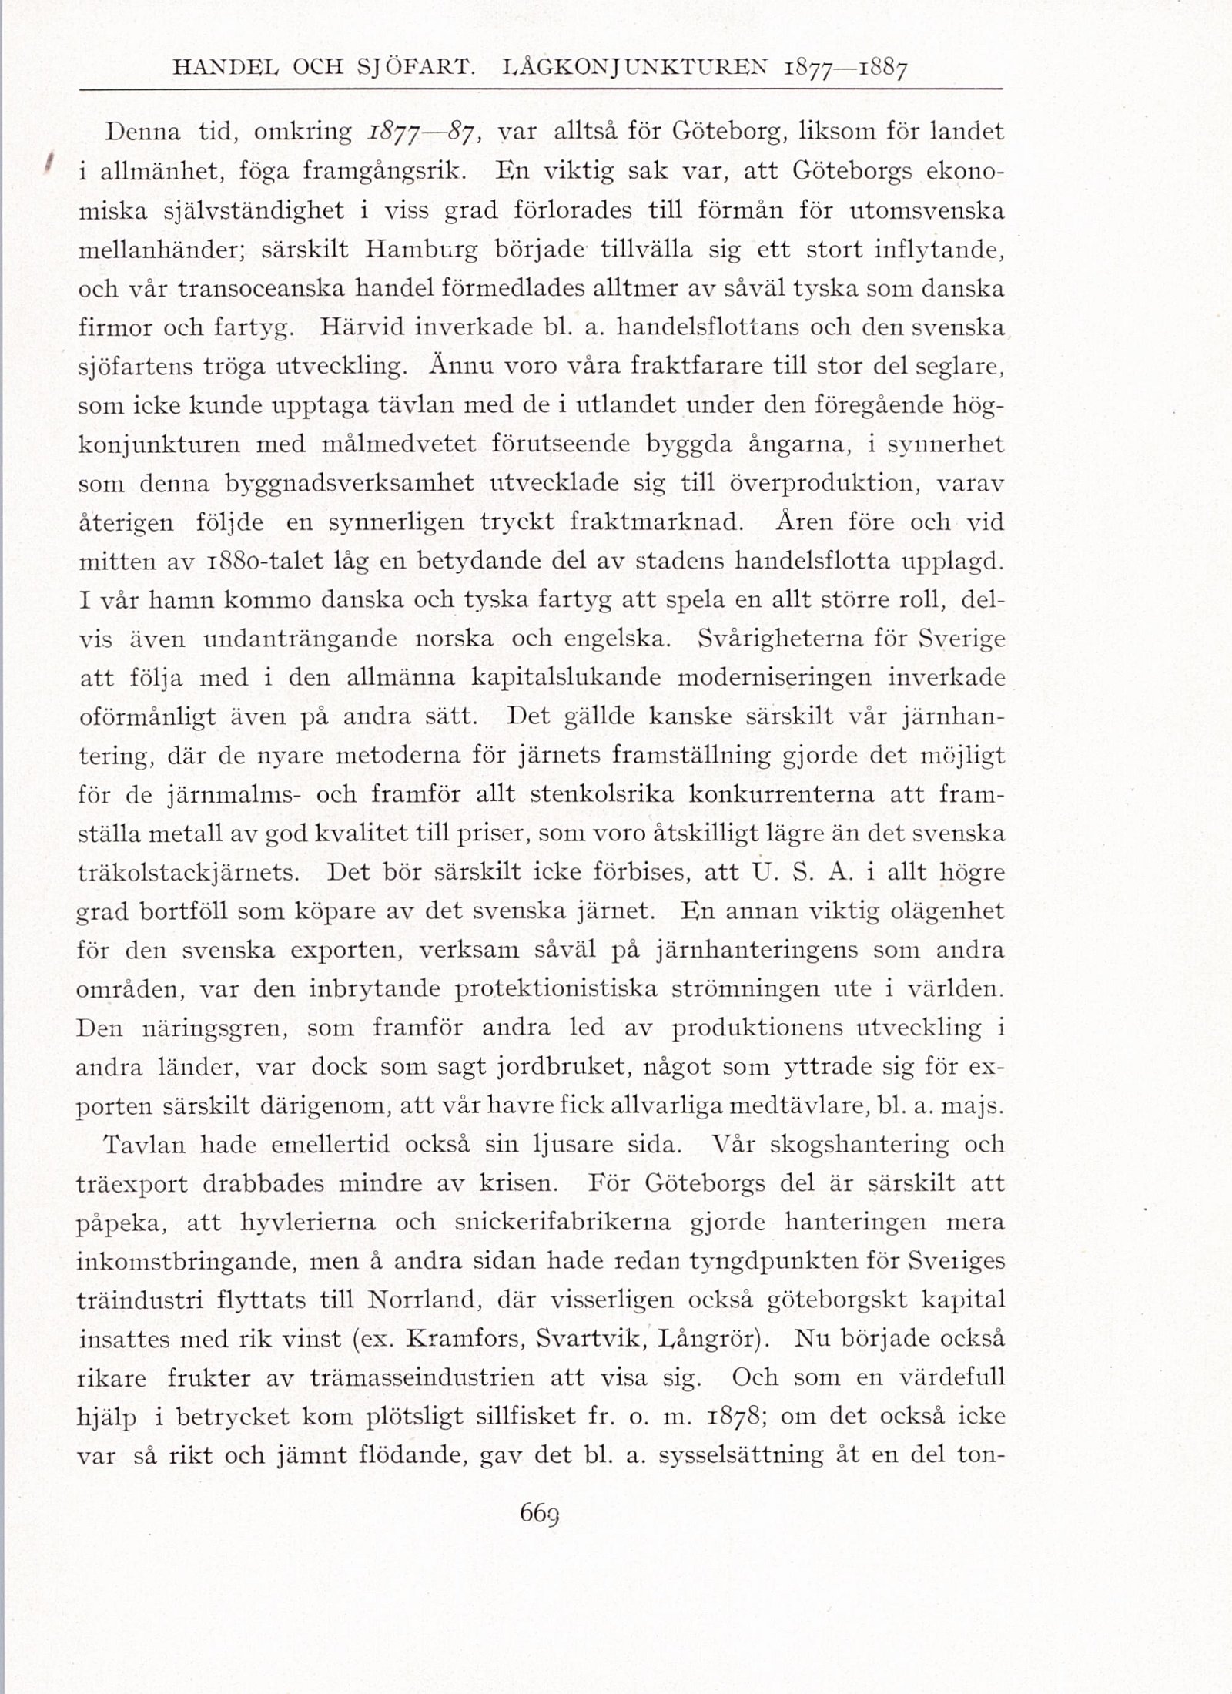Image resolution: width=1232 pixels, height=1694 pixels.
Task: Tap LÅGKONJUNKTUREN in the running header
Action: pyautogui.click(x=628, y=68)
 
